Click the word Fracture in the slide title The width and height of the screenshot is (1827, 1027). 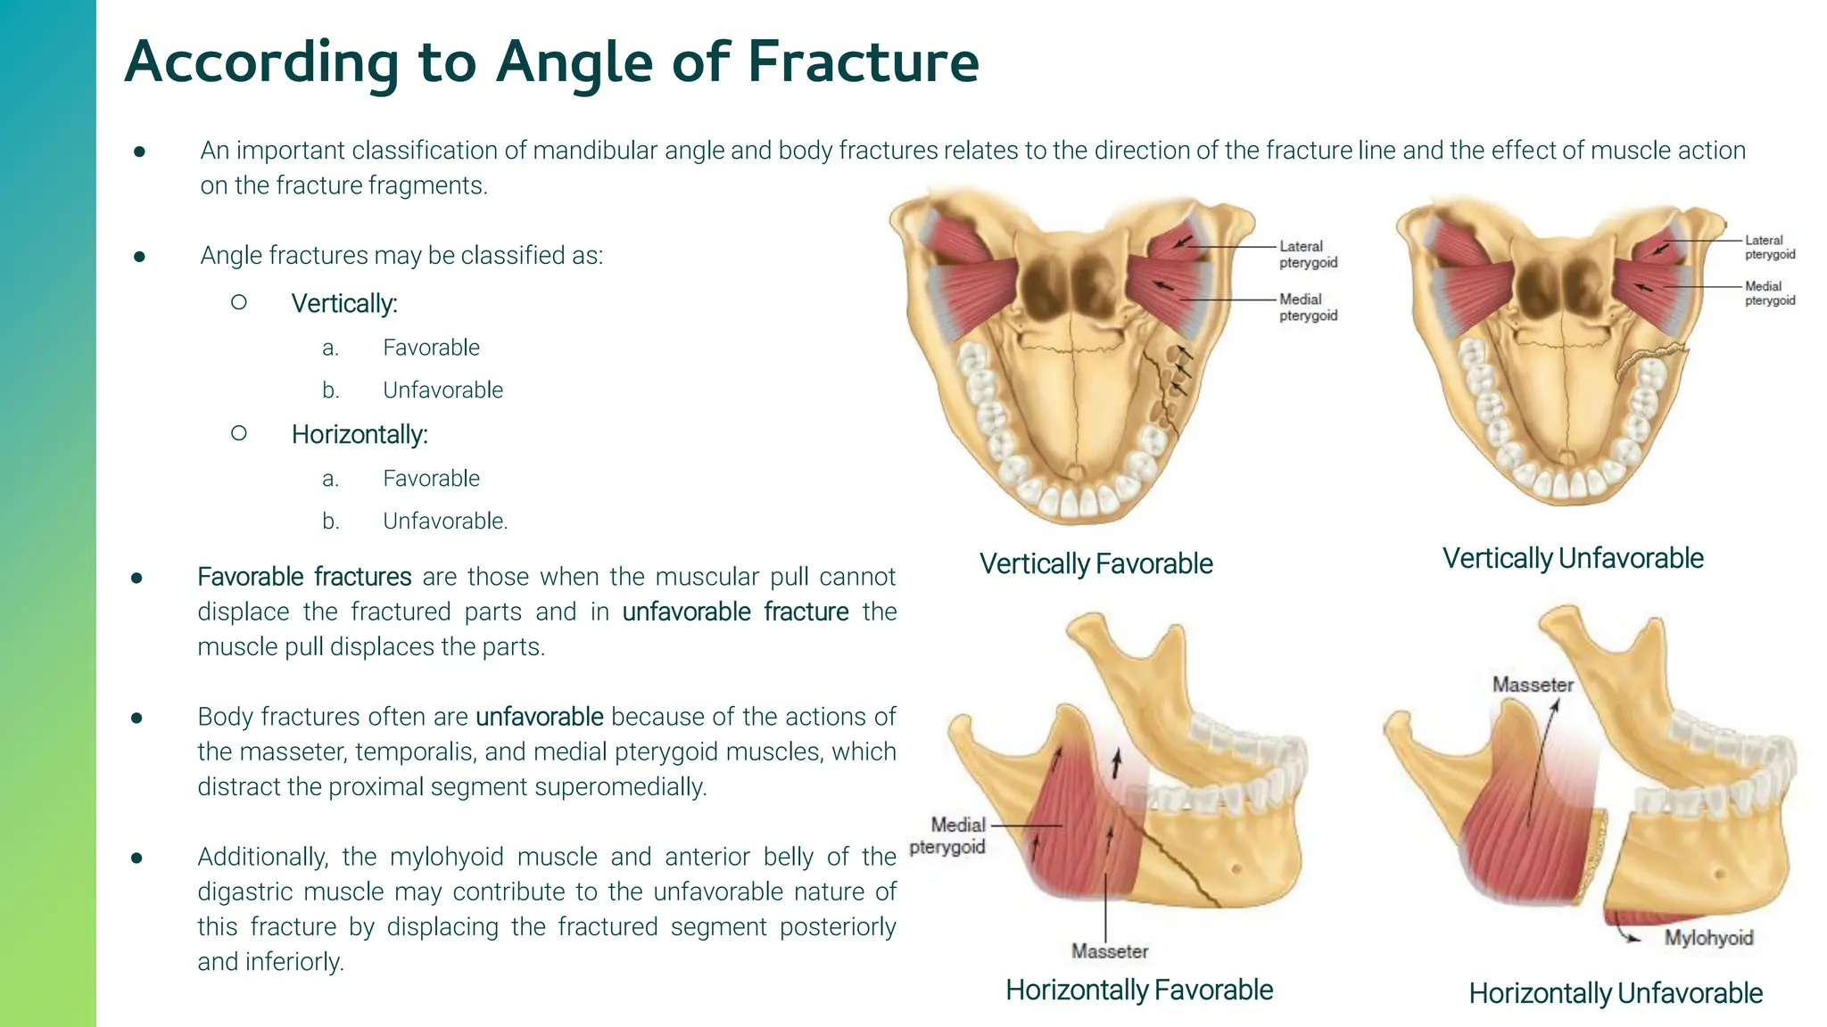click(x=863, y=62)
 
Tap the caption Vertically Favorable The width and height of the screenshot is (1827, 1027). click(x=1095, y=563)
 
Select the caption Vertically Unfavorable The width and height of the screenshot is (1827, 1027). click(x=1573, y=558)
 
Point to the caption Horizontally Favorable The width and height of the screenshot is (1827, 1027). click(x=1139, y=990)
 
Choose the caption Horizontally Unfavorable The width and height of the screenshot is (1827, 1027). click(x=1616, y=993)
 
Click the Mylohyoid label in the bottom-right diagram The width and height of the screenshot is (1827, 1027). click(x=1708, y=938)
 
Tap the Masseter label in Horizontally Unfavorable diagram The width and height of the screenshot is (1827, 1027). click(x=1533, y=685)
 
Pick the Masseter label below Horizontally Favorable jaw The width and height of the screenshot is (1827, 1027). click(x=1110, y=951)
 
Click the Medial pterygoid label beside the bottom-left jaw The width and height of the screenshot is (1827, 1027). click(x=949, y=835)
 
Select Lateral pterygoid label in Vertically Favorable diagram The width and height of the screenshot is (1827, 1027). click(x=1308, y=254)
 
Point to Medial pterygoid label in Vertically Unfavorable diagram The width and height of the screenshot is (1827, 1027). click(x=1770, y=293)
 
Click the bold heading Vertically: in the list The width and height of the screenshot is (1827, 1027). click(x=344, y=304)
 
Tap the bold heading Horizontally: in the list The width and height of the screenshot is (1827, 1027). click(x=360, y=435)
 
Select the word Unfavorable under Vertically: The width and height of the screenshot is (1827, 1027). click(x=442, y=390)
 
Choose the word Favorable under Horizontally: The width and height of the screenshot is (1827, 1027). click(x=431, y=479)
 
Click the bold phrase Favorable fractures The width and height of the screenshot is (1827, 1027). click(x=304, y=577)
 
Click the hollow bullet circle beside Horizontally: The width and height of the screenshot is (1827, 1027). click(x=238, y=433)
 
